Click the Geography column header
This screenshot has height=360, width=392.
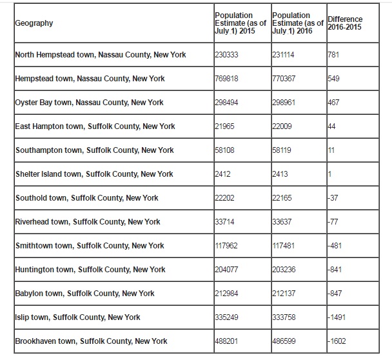pyautogui.click(x=34, y=23)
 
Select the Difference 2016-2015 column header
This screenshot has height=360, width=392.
pyautogui.click(x=345, y=23)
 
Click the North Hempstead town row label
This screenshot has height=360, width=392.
pyautogui.click(x=100, y=55)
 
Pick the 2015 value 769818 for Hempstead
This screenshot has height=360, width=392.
pyautogui.click(x=227, y=79)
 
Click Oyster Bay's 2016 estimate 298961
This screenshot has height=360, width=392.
pyautogui.click(x=285, y=103)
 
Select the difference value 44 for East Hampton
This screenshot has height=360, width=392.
pyautogui.click(x=332, y=126)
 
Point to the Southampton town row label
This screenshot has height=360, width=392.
pyautogui.click(x=94, y=150)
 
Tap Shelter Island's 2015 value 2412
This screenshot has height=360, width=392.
pyautogui.click(x=223, y=174)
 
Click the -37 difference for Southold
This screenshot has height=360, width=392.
pyautogui.click(x=334, y=198)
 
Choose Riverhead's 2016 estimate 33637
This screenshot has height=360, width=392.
pyautogui.click(x=283, y=222)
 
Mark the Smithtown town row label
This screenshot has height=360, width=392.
pyautogui.click(x=90, y=246)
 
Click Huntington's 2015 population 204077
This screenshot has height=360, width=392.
pyautogui.click(x=227, y=270)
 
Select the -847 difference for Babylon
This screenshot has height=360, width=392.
pyautogui.click(x=336, y=294)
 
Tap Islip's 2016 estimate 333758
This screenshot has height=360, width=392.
pyautogui.click(x=285, y=317)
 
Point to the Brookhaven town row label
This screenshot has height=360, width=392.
pyautogui.click(x=91, y=341)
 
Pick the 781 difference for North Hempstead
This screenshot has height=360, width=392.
pyautogui.click(x=334, y=55)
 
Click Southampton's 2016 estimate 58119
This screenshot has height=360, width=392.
pyautogui.click(x=283, y=150)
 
